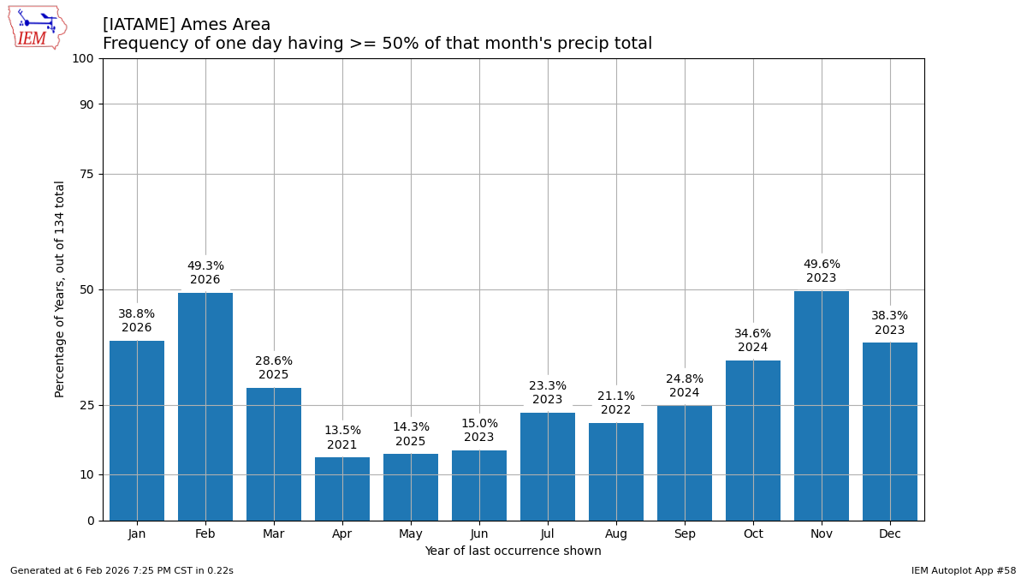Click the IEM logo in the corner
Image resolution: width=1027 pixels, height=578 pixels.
[x=37, y=27]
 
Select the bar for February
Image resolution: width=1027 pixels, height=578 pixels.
[x=205, y=407]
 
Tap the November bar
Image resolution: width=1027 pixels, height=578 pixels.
[x=822, y=406]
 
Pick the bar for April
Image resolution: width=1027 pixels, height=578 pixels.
[x=342, y=489]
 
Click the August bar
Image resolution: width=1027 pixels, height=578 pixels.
[x=616, y=472]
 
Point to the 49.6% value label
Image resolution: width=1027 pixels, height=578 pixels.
[x=822, y=265]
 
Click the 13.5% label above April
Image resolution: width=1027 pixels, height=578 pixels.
[x=342, y=431]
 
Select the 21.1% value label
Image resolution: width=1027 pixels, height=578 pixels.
[x=616, y=396]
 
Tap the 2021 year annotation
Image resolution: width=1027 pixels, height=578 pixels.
[x=342, y=445]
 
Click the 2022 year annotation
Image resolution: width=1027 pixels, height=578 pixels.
[x=616, y=410]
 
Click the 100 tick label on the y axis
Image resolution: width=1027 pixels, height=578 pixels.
[x=83, y=59]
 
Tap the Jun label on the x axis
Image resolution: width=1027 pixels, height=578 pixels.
[x=479, y=534]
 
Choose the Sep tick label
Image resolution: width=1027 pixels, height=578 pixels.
[x=685, y=534]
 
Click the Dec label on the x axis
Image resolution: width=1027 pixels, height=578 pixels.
[x=890, y=534]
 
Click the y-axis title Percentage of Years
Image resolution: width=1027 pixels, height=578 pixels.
[x=60, y=289]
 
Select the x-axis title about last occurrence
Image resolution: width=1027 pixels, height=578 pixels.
[x=513, y=551]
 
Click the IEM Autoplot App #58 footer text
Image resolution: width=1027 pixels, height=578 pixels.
[x=963, y=570]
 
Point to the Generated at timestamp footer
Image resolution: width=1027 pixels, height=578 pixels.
[x=122, y=570]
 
